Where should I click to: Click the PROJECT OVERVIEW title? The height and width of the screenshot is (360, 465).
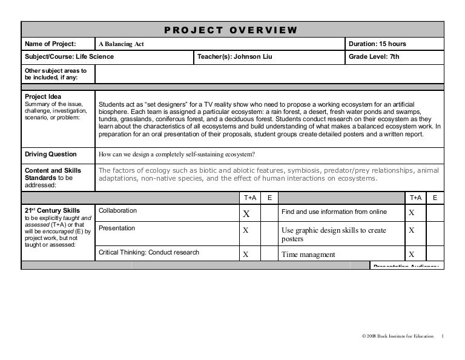point(231,30)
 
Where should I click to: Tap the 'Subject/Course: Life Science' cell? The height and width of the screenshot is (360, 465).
point(69,57)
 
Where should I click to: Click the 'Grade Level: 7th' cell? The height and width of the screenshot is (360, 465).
point(374,57)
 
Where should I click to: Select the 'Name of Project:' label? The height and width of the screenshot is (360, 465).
point(50,44)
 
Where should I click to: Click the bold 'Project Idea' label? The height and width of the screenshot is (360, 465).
point(43,96)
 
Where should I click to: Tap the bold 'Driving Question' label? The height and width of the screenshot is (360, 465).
point(50,154)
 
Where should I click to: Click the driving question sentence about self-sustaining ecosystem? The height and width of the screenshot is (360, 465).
point(176,154)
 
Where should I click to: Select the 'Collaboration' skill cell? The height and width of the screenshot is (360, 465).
point(117,211)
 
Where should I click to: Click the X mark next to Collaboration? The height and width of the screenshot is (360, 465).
point(246,213)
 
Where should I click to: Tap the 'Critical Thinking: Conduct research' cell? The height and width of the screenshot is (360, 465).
point(148,253)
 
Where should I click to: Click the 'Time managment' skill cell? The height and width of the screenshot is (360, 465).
point(308,255)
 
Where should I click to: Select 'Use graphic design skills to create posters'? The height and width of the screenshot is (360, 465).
point(334,235)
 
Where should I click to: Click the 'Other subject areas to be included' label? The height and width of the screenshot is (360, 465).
point(56,75)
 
